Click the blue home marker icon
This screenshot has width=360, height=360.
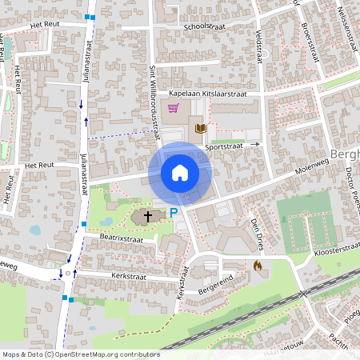pos(180,173)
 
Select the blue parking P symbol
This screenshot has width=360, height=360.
pos(174,213)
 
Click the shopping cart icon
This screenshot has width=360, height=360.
pos(173,109)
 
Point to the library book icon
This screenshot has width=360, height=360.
pos(200,128)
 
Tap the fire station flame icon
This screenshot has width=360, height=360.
pos(258,266)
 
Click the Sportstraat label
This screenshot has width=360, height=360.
pos(223,147)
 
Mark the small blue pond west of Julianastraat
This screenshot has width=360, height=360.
pos(35,230)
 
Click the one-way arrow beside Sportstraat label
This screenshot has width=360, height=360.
pos(256,145)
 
